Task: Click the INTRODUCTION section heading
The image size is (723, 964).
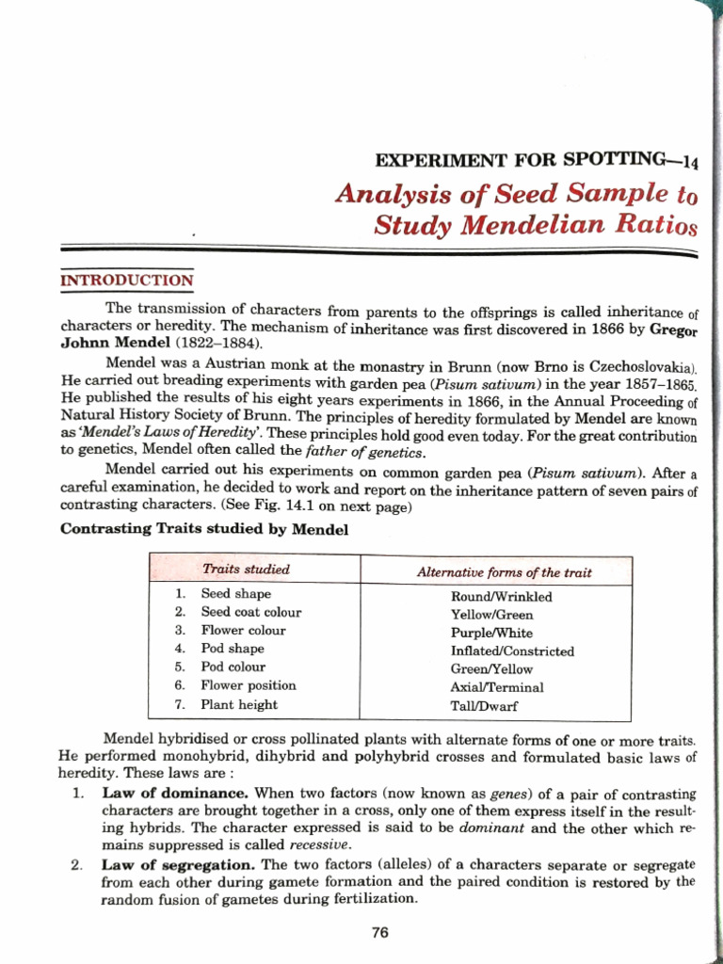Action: click(127, 281)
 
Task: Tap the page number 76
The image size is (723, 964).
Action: click(380, 933)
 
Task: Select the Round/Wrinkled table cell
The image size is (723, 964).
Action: click(501, 597)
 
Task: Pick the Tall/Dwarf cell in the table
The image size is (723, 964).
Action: click(484, 705)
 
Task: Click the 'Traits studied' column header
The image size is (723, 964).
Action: click(246, 570)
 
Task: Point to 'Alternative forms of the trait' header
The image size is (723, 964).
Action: click(504, 572)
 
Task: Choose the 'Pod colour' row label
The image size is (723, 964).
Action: click(233, 667)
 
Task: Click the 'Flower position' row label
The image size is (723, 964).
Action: click(248, 685)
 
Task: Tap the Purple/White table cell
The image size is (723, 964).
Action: click(491, 633)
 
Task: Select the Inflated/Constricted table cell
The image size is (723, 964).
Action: click(512, 651)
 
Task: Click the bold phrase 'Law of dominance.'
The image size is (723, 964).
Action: click(175, 794)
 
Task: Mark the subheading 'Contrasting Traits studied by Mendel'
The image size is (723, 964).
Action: click(204, 529)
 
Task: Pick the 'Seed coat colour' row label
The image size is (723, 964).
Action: click(251, 612)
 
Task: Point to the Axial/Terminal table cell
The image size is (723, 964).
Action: click(496, 687)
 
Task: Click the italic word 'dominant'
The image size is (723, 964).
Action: click(492, 828)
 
